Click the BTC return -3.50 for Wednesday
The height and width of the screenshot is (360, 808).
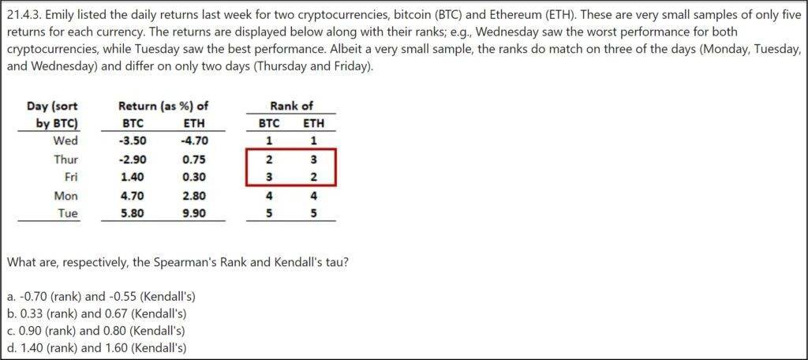[132, 141]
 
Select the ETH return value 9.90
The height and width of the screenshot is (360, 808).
[194, 212]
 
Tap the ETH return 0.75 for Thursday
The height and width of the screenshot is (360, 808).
[194, 159]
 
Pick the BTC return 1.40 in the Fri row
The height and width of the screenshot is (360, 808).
[133, 178]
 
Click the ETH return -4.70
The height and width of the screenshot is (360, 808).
[194, 141]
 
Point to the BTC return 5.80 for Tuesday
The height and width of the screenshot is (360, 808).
[133, 212]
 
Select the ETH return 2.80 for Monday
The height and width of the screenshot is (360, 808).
[194, 196]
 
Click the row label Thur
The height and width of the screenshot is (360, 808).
[65, 159]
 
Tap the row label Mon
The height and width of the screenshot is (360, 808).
[66, 196]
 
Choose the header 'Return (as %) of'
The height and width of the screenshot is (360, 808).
[163, 107]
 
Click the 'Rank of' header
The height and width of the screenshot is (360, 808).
[291, 107]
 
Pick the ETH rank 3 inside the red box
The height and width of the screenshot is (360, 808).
[314, 159]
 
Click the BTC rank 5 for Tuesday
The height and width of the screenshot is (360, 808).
[269, 212]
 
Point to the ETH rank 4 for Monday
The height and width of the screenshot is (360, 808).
[314, 196]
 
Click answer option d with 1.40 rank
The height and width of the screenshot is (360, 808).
[96, 347]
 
